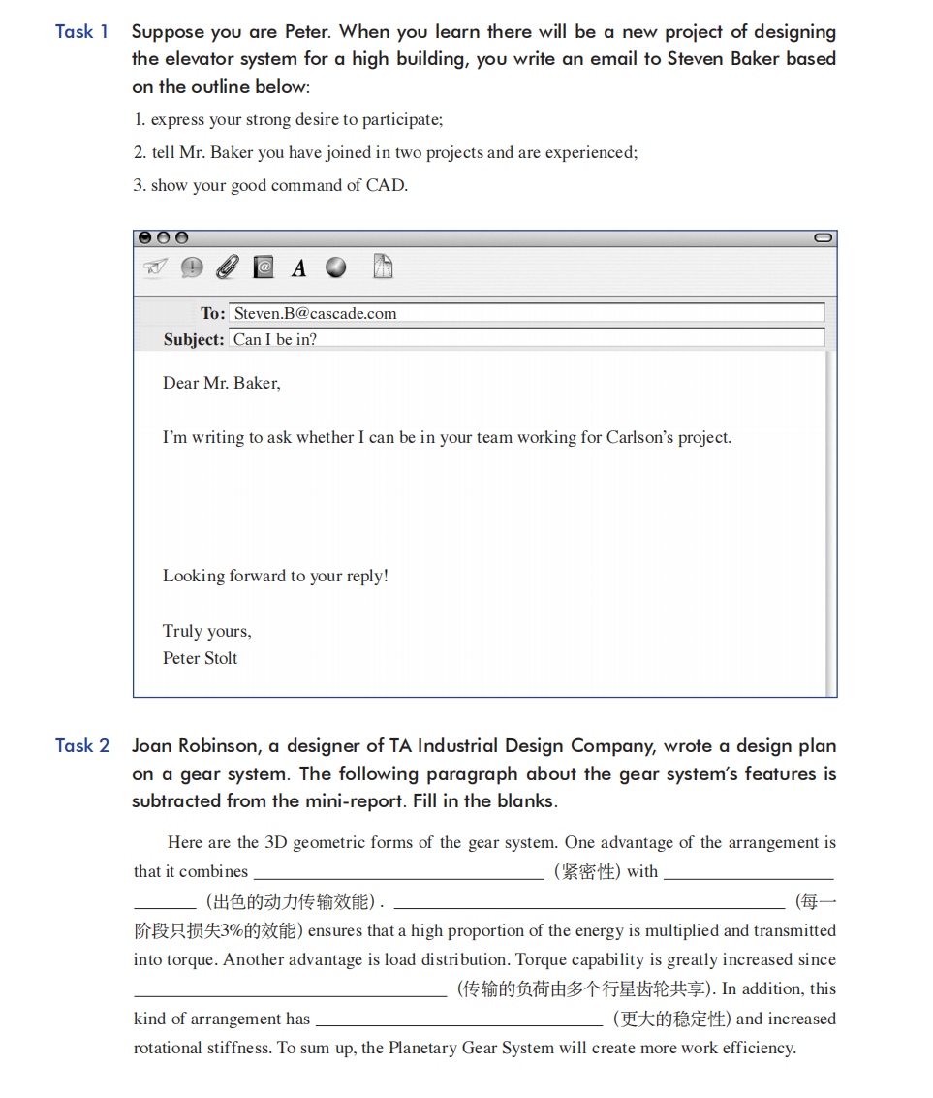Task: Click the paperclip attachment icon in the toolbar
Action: (x=227, y=267)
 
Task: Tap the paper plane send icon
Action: (x=155, y=267)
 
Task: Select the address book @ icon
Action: (x=264, y=267)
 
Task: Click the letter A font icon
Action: (x=299, y=268)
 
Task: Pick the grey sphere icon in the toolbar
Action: (x=336, y=267)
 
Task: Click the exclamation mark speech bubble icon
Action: (x=192, y=267)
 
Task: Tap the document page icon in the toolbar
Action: (x=384, y=267)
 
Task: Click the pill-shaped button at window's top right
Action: (x=823, y=237)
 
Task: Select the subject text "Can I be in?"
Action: (x=275, y=339)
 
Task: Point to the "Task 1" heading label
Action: (x=81, y=32)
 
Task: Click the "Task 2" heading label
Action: (x=81, y=746)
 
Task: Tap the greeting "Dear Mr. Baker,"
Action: (x=221, y=383)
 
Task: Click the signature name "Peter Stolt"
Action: (x=200, y=658)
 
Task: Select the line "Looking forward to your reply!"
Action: (x=275, y=576)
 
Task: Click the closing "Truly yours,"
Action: (x=206, y=631)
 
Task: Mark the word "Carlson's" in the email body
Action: (x=640, y=437)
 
